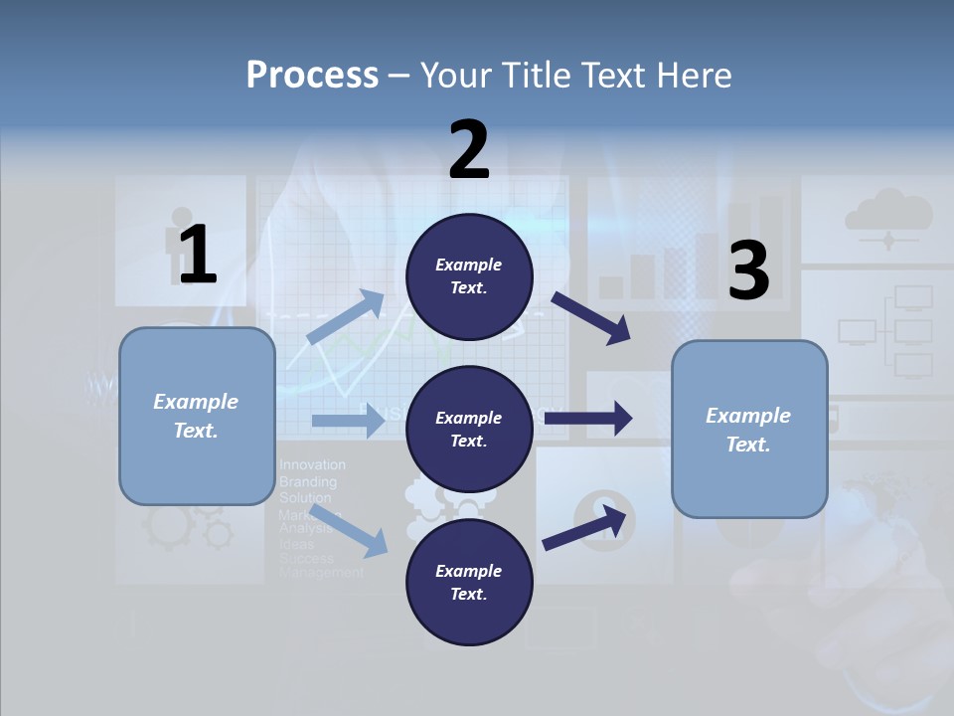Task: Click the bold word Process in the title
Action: coord(312,75)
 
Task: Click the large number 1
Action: coord(198,255)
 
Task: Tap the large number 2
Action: coord(469,149)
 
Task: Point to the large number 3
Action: coord(748,270)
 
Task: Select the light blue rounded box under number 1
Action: coord(197,416)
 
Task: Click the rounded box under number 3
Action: coord(749,430)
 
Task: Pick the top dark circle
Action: coord(469,276)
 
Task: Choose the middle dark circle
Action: coord(469,429)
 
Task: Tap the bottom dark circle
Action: coord(469,582)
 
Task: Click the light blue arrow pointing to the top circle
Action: coord(346,317)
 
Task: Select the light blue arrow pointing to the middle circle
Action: coord(348,421)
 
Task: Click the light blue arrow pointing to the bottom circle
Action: coord(349,530)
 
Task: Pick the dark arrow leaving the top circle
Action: coord(591,318)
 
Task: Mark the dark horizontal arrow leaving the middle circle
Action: coord(588,419)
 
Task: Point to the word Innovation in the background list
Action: coord(312,464)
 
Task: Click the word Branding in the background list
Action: coord(308,481)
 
